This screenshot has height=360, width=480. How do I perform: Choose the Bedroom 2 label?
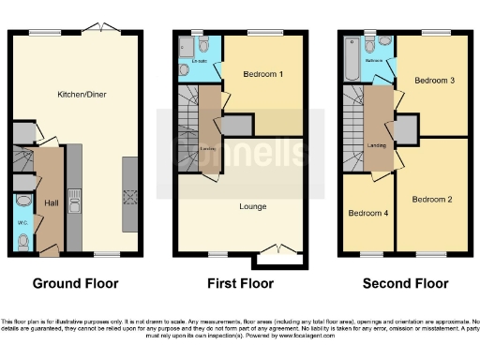pos(432,199)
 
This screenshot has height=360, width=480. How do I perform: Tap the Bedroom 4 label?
pos(367,213)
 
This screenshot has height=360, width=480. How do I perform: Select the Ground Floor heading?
pos(77,282)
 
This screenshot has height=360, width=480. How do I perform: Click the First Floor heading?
pos(241,282)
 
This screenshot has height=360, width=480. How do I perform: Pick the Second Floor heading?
pos(405,282)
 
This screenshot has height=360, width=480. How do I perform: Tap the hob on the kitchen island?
pos(129,198)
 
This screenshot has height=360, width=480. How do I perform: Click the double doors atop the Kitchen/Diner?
pos(97,32)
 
